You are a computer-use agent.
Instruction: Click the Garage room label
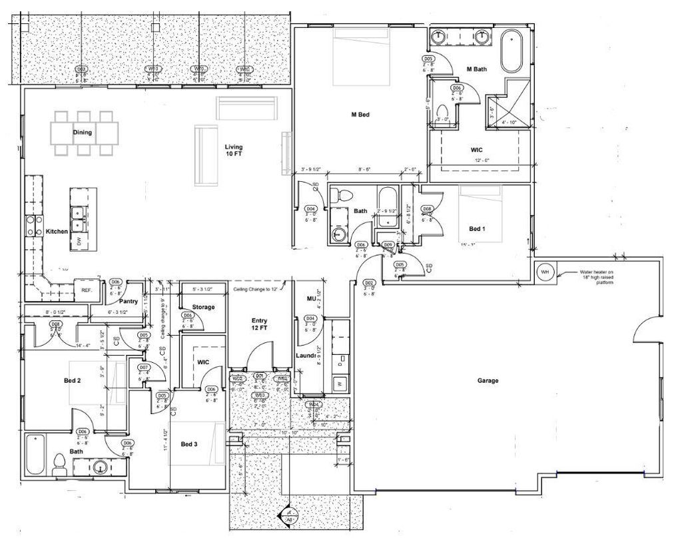tap(488, 381)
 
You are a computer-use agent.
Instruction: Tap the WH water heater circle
tap(544, 272)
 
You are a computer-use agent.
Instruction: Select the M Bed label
tap(360, 115)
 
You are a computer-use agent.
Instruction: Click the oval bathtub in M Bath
tap(511, 51)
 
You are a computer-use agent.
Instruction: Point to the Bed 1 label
tap(477, 229)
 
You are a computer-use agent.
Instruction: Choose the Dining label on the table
tap(83, 133)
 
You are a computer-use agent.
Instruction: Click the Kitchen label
tap(57, 232)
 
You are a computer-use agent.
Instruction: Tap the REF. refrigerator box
tap(87, 290)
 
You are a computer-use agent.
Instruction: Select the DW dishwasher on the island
tap(79, 241)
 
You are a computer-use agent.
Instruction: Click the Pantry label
tap(129, 301)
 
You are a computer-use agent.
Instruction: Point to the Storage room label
tap(202, 307)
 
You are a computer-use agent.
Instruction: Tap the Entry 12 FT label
tap(259, 324)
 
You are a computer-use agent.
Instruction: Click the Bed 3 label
tap(189, 444)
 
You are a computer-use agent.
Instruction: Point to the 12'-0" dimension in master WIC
tap(482, 160)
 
